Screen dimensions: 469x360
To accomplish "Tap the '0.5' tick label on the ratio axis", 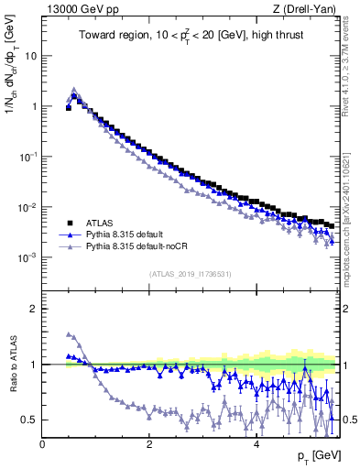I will pos(31,420).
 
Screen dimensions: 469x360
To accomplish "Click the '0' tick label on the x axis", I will pos(42,444).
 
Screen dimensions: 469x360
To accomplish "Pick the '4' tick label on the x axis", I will pos(256,444).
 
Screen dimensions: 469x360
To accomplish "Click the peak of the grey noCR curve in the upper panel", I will pos(74,89).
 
